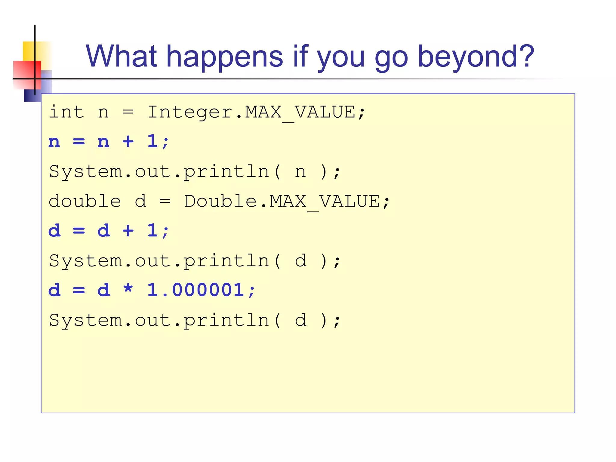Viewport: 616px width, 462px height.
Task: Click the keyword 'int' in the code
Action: click(66, 112)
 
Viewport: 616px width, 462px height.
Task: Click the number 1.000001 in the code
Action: click(196, 290)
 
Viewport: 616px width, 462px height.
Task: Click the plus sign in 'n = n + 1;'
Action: click(128, 141)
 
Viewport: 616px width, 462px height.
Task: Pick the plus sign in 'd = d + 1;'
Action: click(128, 231)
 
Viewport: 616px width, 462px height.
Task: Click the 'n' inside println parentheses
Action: click(300, 172)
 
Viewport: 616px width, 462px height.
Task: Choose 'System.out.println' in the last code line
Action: click(159, 320)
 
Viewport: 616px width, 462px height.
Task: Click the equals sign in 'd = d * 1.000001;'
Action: click(79, 290)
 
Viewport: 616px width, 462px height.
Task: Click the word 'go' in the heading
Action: click(391, 57)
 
